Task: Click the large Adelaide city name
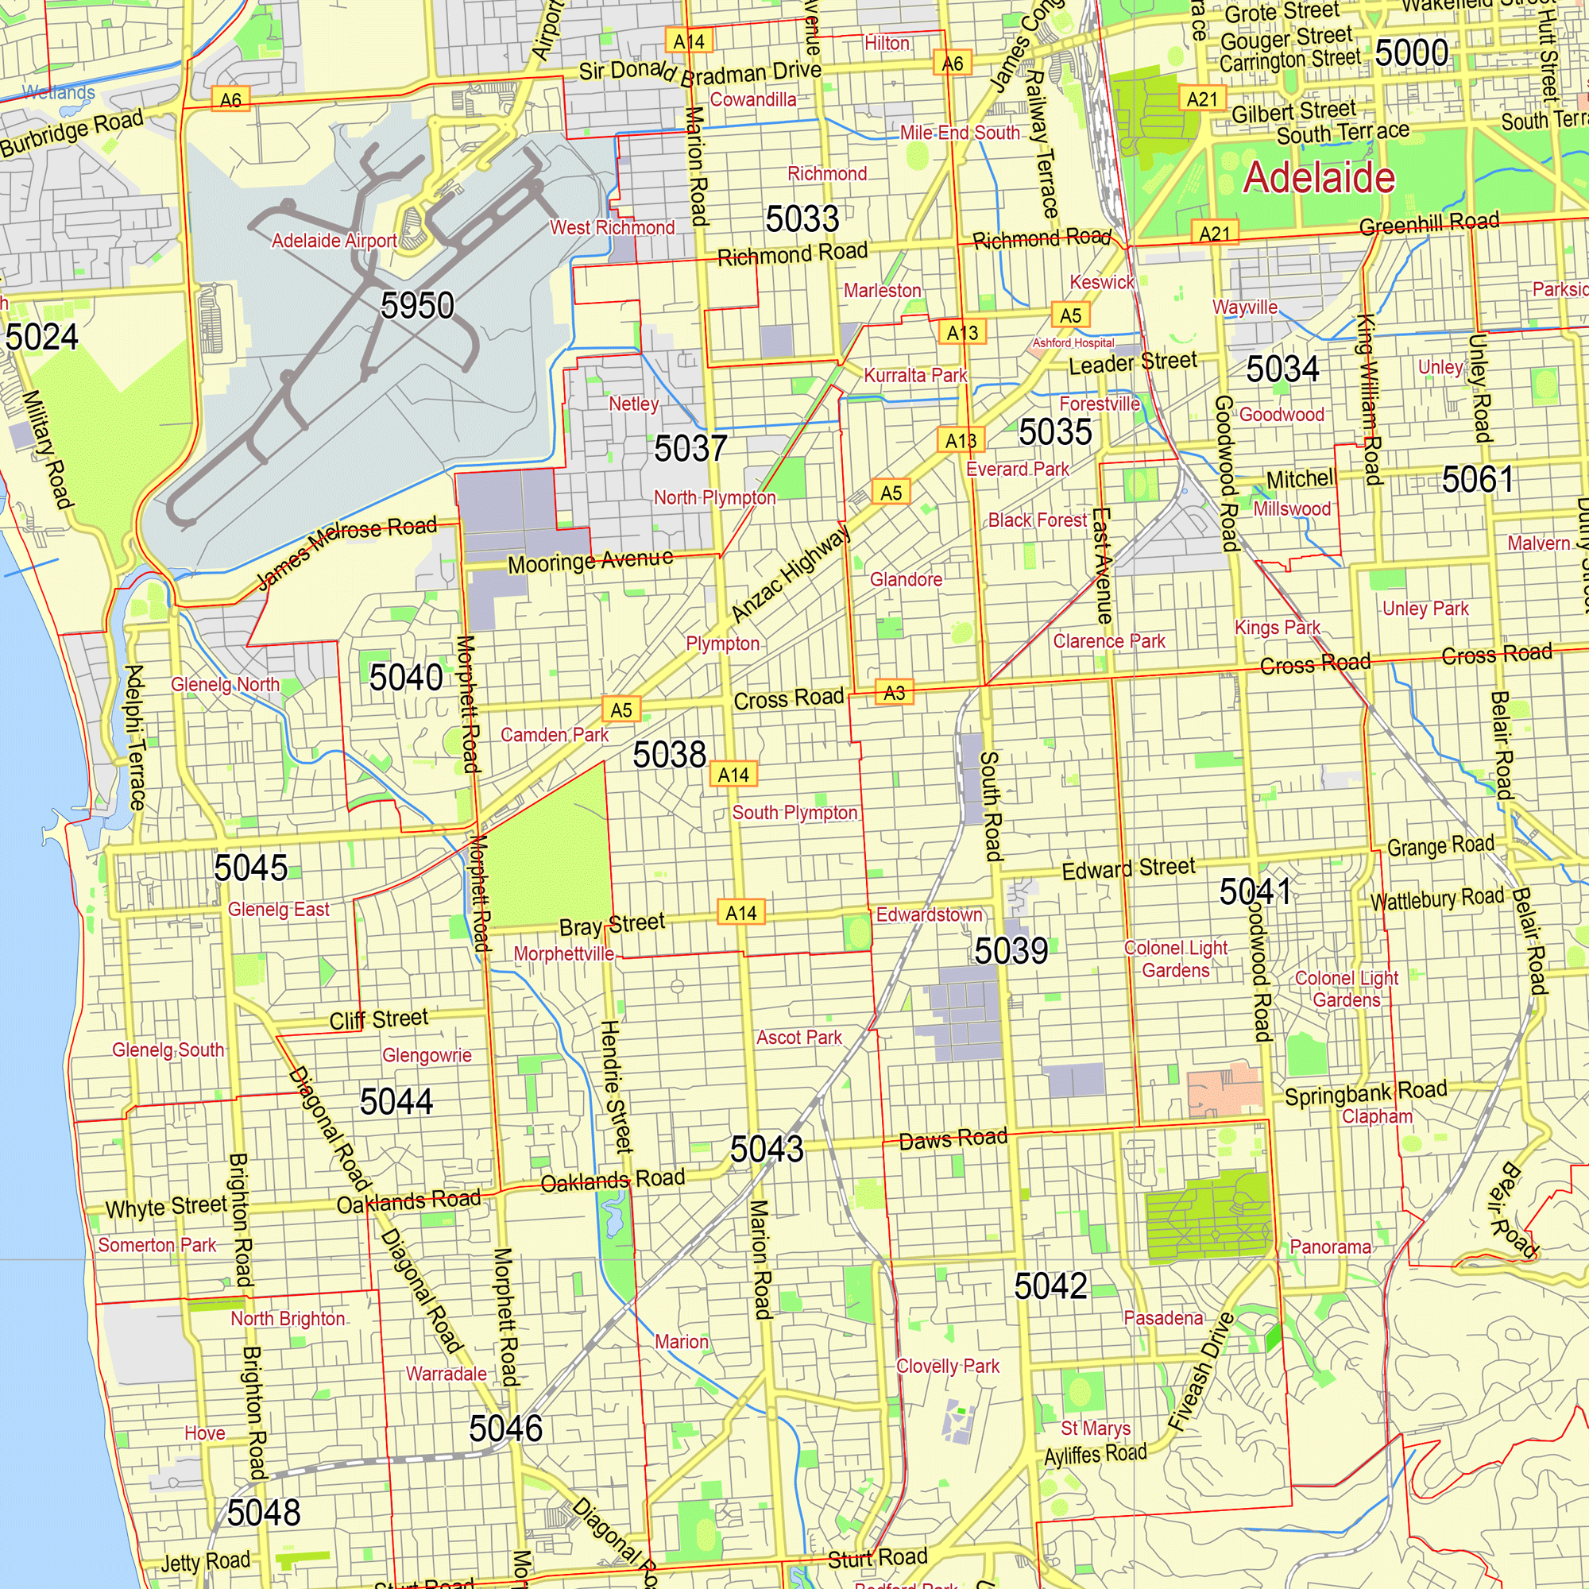point(1318,178)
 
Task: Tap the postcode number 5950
point(417,306)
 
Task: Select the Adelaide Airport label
point(334,241)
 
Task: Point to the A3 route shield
point(894,693)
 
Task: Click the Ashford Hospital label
point(1073,343)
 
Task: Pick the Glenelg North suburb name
point(225,684)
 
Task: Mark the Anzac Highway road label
point(790,574)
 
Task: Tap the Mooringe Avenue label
point(590,562)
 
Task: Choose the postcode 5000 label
point(1411,52)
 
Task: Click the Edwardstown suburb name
point(929,914)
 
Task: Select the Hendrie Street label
point(616,1085)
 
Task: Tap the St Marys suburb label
point(1095,1429)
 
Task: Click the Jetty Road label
point(205,1562)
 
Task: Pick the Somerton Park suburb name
point(157,1245)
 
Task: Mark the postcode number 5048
point(263,1513)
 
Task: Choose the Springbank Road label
point(1365,1094)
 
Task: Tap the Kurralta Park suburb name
point(914,375)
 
